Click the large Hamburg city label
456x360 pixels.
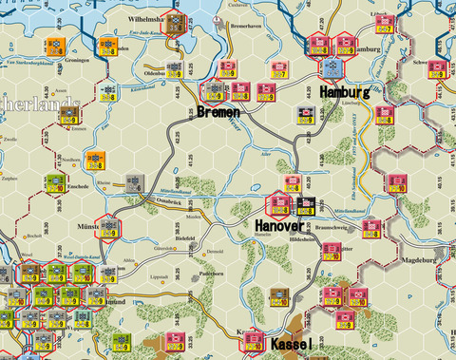tap(344, 93)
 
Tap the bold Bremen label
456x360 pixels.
tap(219, 112)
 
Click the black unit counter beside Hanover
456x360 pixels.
tap(306, 206)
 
